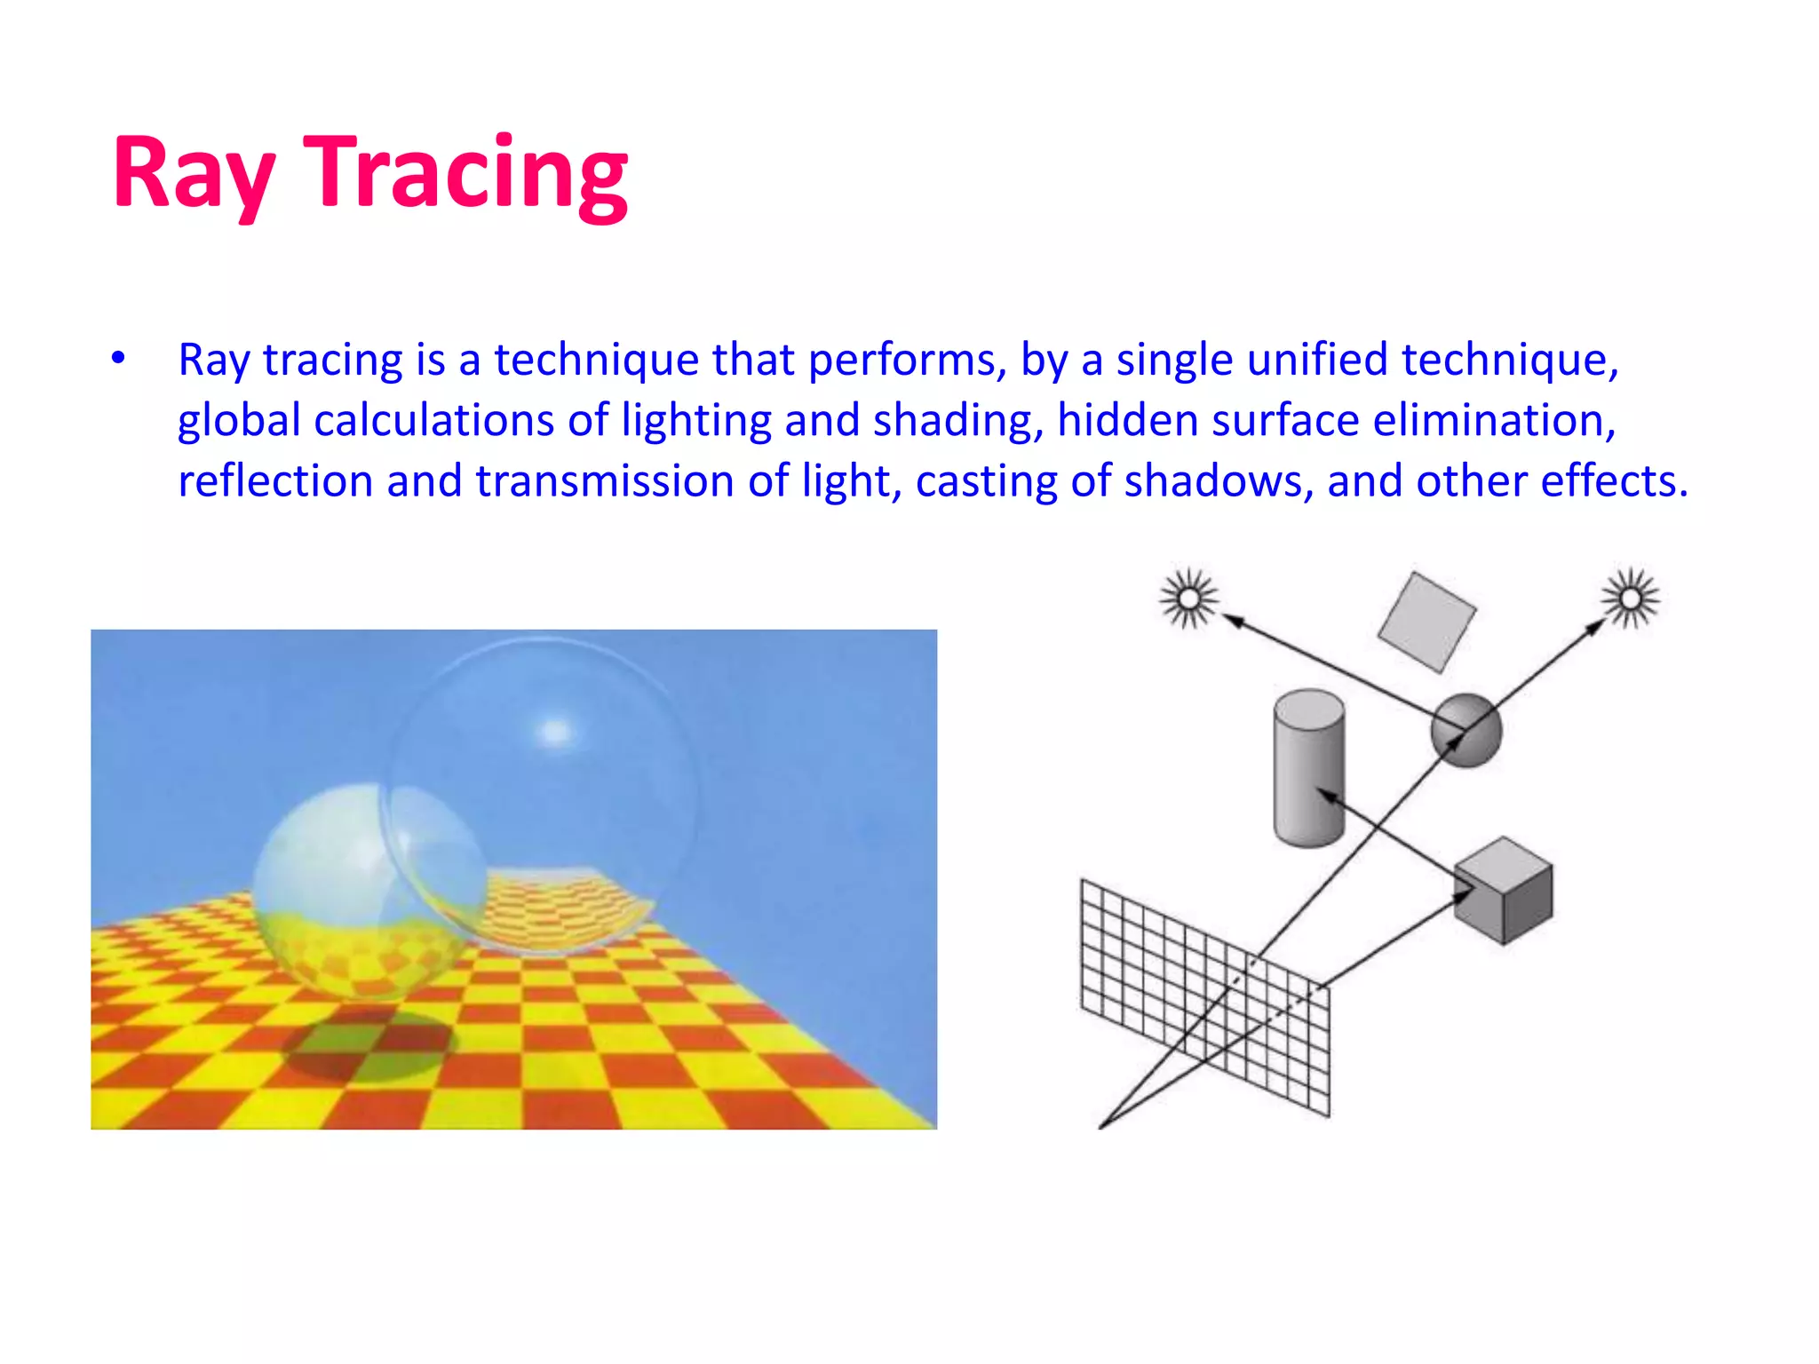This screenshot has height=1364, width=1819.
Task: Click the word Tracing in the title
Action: [x=465, y=173]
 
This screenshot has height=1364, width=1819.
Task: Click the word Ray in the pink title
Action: [x=193, y=173]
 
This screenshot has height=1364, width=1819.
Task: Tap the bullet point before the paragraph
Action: [x=118, y=359]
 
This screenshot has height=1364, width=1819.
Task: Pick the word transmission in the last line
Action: [x=605, y=480]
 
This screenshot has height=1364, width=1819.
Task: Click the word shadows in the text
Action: [x=1213, y=480]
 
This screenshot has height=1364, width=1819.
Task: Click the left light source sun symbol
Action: [x=1188, y=598]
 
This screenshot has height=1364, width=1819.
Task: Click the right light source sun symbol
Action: [x=1631, y=598]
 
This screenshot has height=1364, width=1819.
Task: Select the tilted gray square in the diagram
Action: [x=1426, y=622]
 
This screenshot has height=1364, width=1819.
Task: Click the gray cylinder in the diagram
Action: [x=1308, y=768]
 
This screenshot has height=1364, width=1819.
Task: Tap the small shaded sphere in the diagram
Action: [x=1466, y=730]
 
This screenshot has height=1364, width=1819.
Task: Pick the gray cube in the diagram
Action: [x=1504, y=890]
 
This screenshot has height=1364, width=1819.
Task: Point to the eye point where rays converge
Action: [x=1101, y=1127]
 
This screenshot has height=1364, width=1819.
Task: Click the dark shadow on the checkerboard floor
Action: [x=369, y=1048]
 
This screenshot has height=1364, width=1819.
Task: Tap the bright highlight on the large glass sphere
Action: [x=556, y=732]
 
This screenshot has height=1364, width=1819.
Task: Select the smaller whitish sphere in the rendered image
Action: [x=342, y=879]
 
